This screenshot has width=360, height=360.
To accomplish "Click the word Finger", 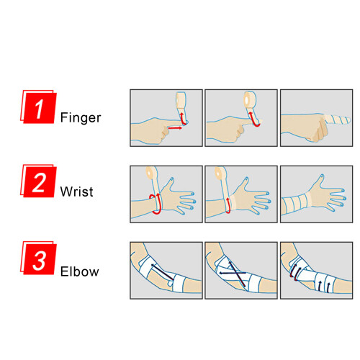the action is tap(81, 118).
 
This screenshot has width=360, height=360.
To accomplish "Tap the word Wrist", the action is tap(76, 192).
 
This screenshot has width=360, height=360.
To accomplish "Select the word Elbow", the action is tap(79, 271).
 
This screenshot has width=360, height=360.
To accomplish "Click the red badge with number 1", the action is tap(38, 107).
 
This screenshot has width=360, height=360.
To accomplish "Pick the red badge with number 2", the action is tap(38, 181).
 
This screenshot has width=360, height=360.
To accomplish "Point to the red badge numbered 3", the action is tap(38, 258).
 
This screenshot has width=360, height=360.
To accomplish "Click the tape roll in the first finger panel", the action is tap(181, 99).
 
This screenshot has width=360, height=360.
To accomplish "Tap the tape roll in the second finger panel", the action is tap(250, 99).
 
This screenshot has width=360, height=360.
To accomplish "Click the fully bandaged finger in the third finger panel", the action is tap(337, 120).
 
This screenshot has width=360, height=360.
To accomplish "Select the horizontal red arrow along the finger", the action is tap(175, 128).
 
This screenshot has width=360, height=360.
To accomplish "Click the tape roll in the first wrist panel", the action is tap(151, 173).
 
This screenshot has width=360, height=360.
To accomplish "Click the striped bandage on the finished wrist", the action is tap(297, 204).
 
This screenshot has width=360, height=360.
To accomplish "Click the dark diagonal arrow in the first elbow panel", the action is tap(162, 272).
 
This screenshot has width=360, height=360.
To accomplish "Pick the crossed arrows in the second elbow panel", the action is tap(233, 274).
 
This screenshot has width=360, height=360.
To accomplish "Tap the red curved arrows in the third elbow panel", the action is tap(294, 271).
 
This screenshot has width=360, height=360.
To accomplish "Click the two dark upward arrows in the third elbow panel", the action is tap(324, 287).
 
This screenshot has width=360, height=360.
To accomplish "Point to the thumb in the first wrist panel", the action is tap(168, 184).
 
